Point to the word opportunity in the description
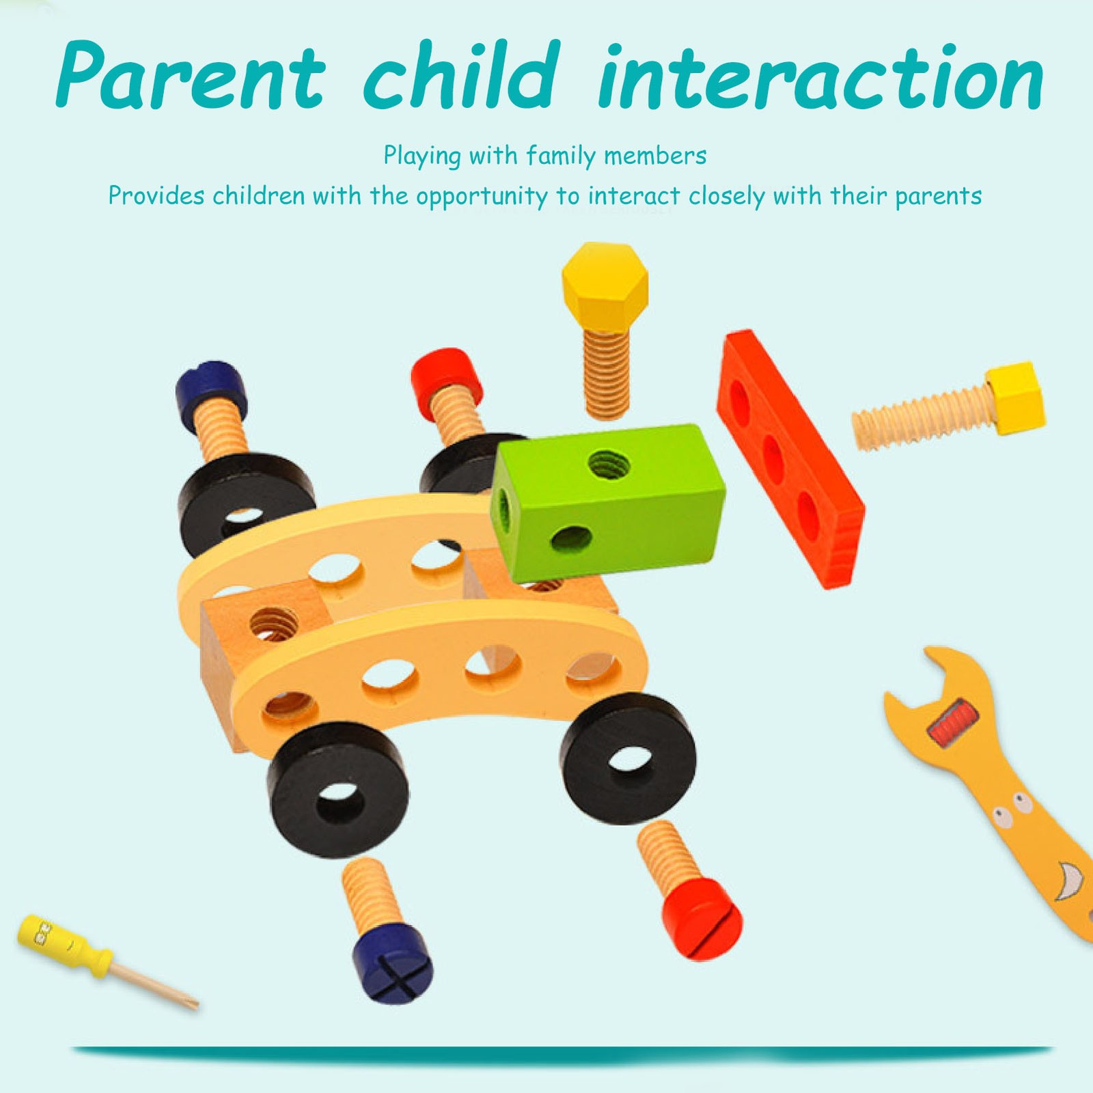pos(482,197)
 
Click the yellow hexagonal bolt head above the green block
pos(605,286)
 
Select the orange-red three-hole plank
pos(790,458)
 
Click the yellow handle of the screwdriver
pos(64,945)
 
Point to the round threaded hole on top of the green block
pos(609,465)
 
